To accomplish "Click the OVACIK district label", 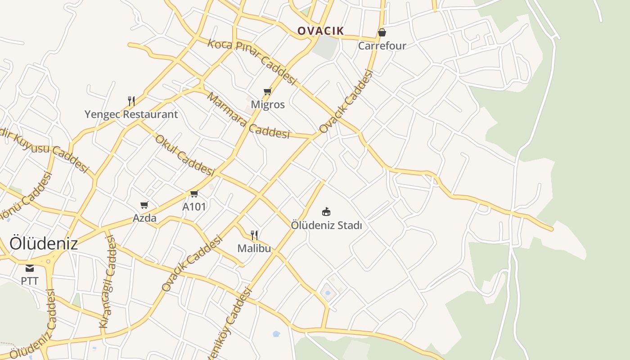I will [x=320, y=31].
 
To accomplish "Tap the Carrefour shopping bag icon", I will [x=382, y=32].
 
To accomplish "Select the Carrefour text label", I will [x=382, y=46].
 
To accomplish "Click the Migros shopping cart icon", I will [x=268, y=92].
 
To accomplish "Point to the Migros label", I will [x=268, y=105].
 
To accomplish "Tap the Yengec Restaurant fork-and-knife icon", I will [x=131, y=101].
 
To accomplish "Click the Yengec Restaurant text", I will [x=131, y=114].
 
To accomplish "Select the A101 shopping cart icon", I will [x=194, y=194].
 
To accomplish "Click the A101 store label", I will [x=194, y=207].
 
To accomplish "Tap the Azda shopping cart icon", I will [x=144, y=205].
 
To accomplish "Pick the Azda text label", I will [x=144, y=218].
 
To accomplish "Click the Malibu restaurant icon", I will [x=254, y=235].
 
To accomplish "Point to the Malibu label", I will [x=254, y=248].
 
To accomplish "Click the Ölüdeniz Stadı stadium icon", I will [x=326, y=211].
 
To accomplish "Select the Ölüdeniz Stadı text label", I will [x=326, y=225].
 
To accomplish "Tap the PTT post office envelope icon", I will [x=30, y=268].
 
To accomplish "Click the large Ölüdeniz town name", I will [x=44, y=243].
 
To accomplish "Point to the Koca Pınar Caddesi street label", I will [x=252, y=62].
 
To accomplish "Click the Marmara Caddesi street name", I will [x=248, y=117].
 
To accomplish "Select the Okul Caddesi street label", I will [x=184, y=155].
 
